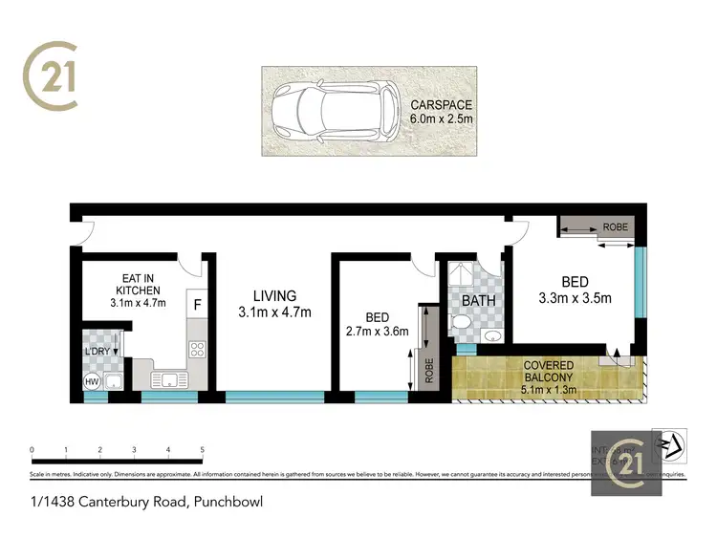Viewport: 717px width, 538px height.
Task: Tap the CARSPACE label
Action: pos(442,104)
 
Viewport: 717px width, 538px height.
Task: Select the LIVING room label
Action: pos(274,296)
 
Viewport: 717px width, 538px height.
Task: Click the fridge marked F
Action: pos(198,305)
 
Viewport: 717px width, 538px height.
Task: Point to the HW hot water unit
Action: pos(93,382)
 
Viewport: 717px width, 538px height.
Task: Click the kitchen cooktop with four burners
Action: pos(198,350)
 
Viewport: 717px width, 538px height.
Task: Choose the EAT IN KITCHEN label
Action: pos(138,284)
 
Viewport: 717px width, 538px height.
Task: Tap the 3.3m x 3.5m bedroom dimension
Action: pos(575,298)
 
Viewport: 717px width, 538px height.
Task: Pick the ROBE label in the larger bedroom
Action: pos(615,227)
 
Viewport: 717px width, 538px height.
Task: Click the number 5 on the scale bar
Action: pos(202,448)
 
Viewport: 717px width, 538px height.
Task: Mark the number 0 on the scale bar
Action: pos(33,448)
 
